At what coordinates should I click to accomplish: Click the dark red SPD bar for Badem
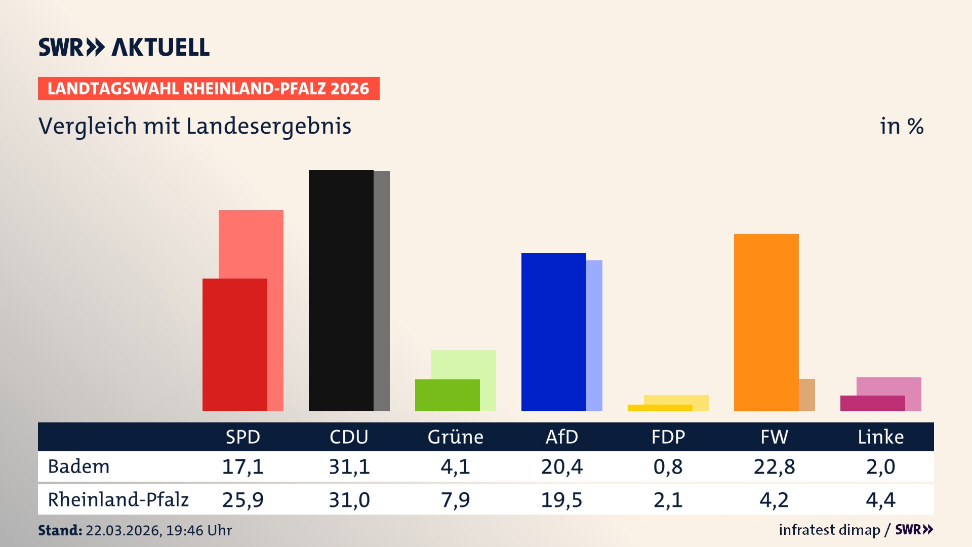pyautogui.click(x=234, y=344)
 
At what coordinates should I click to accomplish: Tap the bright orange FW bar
pyautogui.click(x=766, y=322)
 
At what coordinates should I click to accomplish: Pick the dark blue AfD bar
pyautogui.click(x=553, y=332)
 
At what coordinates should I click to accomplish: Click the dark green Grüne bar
pyautogui.click(x=447, y=395)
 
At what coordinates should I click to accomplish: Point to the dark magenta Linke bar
pyautogui.click(x=872, y=403)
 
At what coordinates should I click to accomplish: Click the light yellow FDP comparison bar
pyautogui.click(x=676, y=400)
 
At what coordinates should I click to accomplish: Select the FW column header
pyautogui.click(x=774, y=437)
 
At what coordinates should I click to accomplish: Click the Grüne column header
pyautogui.click(x=455, y=437)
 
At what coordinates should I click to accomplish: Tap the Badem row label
pyautogui.click(x=78, y=466)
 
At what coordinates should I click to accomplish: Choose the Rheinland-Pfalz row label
pyautogui.click(x=118, y=500)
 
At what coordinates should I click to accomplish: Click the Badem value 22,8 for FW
pyautogui.click(x=774, y=466)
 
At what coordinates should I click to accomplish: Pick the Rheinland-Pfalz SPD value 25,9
pyautogui.click(x=242, y=500)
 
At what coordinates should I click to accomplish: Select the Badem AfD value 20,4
pyautogui.click(x=561, y=466)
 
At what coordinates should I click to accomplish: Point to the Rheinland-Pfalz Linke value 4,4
pyautogui.click(x=880, y=500)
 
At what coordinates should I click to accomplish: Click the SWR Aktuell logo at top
pyautogui.click(x=124, y=47)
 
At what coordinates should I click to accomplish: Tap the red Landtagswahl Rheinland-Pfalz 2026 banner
pyautogui.click(x=209, y=89)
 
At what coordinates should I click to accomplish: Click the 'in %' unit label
pyautogui.click(x=901, y=126)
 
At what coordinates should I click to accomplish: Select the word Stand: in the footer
pyautogui.click(x=60, y=530)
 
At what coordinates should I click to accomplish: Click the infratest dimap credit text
pyautogui.click(x=829, y=530)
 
